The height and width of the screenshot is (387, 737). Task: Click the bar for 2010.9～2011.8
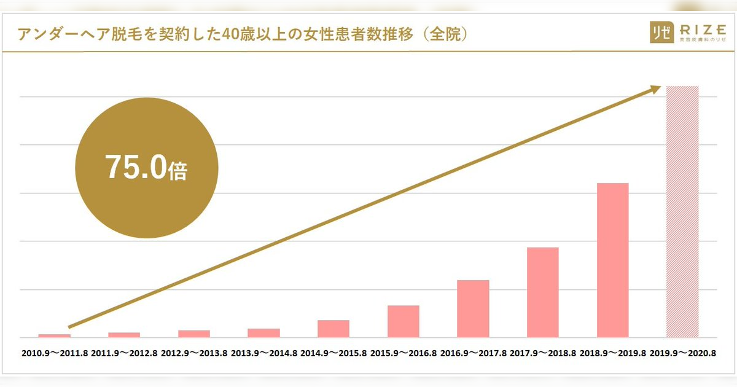54,335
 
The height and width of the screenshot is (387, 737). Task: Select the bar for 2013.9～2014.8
263,333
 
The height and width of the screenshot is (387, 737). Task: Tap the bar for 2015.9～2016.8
404,321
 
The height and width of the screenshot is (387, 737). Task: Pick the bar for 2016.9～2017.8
473,308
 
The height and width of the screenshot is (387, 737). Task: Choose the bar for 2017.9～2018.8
543,292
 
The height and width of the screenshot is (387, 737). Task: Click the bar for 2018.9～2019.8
612,260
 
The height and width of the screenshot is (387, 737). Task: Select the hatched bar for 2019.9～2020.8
682,212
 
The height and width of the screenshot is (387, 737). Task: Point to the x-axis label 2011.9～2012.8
124,354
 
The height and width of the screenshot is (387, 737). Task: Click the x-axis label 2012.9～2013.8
193,354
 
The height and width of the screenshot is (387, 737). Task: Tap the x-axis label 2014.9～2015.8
333,354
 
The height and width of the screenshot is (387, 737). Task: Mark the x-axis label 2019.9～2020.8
682,354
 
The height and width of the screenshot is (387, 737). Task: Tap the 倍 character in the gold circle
177,171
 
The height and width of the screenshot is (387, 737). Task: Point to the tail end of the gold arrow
70,326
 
